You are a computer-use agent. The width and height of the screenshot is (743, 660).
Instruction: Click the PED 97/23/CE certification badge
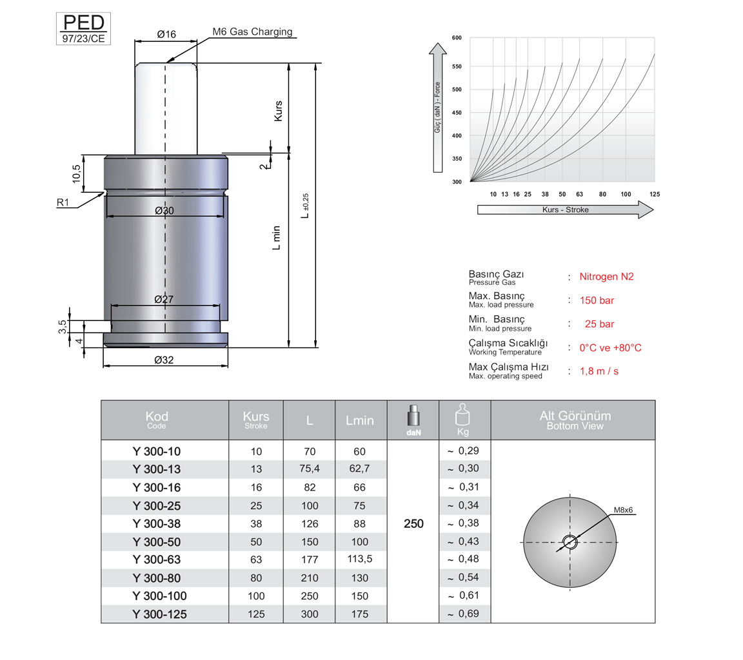pos(83,29)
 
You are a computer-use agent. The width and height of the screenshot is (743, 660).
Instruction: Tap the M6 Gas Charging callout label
pos(252,32)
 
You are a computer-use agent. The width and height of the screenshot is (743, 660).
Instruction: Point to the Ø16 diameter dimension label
pos(166,34)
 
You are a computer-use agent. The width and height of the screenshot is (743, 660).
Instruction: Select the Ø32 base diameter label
pos(164,360)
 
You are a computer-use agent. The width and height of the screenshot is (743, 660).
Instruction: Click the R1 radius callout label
pos(63,202)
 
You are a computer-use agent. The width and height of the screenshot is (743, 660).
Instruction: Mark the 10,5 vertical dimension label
pos(77,174)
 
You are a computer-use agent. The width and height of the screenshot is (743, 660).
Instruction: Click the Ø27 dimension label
pos(164,299)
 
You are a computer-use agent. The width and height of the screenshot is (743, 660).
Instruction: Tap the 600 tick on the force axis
pos(457,38)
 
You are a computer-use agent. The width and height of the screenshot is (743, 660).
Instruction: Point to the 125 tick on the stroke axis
pos(655,194)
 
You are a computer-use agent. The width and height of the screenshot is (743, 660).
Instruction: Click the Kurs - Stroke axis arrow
pos(565,209)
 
